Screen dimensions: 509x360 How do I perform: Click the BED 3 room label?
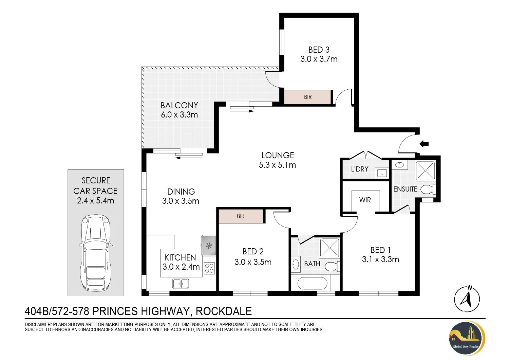319,50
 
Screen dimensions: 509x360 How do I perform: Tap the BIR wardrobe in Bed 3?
307,97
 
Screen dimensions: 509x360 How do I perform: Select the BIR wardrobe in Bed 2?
241,216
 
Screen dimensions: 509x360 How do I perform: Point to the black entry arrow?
424,144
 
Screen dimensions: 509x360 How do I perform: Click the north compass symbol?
467,299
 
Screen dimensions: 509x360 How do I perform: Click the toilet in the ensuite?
428,189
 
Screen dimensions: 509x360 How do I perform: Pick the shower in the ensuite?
425,171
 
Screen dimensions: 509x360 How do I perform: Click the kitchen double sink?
181,284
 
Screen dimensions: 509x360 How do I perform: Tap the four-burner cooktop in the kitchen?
209,268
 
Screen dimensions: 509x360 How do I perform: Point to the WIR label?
365,200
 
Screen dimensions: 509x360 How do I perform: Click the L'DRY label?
359,169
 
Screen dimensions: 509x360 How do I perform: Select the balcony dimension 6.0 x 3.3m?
179,114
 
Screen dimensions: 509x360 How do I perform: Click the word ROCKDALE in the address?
224,311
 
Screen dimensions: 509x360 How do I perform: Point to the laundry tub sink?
382,173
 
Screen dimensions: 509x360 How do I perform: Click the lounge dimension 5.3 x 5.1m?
277,165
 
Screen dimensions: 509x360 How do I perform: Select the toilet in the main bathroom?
332,266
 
